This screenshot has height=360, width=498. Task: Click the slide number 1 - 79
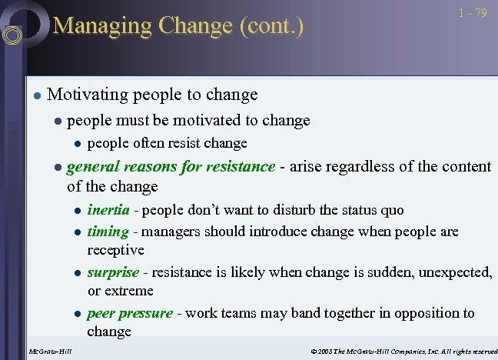click(473, 14)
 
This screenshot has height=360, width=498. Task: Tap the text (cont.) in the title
click(272, 26)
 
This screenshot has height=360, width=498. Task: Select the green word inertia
click(108, 210)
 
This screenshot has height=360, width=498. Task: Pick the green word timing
click(108, 232)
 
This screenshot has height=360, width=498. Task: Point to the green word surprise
click(113, 272)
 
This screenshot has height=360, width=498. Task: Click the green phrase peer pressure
click(130, 313)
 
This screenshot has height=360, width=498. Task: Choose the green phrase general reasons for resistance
click(171, 166)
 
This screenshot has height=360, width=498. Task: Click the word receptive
click(115, 250)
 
